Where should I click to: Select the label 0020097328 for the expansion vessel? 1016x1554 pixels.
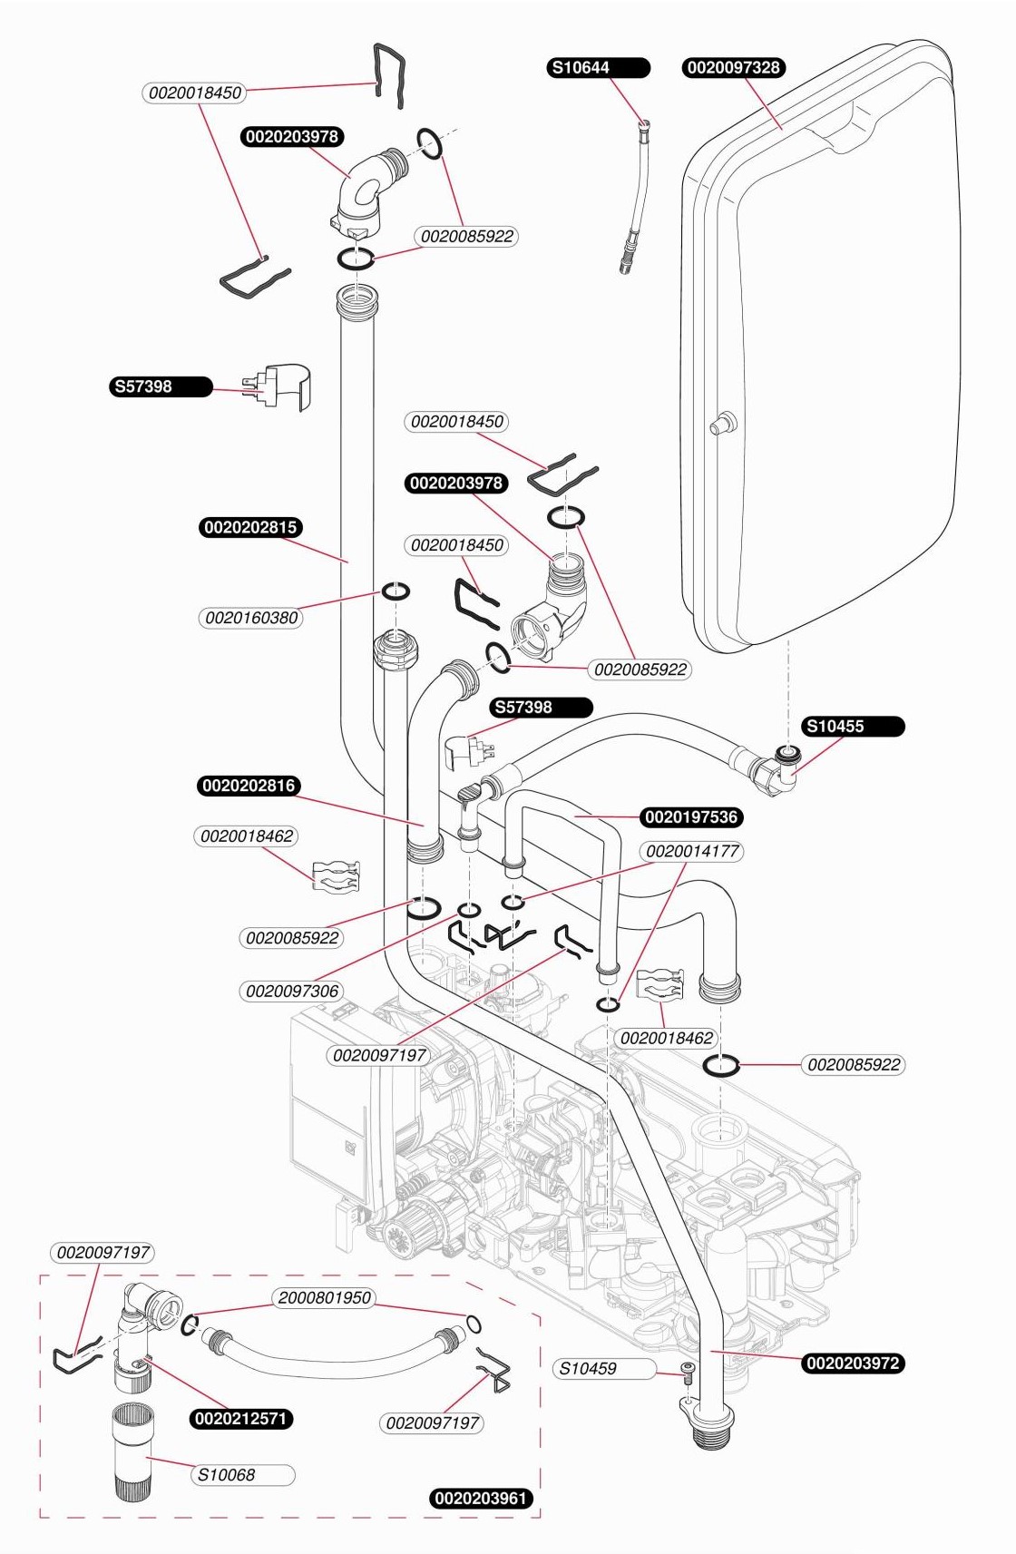pos(733,68)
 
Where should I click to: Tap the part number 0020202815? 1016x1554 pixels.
pos(250,528)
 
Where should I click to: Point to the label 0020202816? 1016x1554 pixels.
pos(249,786)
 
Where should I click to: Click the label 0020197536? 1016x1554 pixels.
pos(691,817)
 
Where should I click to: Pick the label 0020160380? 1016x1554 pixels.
pos(251,618)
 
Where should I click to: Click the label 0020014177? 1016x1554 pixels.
pos(692,852)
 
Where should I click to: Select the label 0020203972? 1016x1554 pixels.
pos(853,1363)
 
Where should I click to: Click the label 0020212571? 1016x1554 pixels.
pos(241,1419)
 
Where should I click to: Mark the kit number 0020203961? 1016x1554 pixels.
pos(481,1498)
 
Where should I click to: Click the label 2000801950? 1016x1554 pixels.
pos(324,1298)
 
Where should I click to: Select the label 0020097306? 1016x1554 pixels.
pos(292,991)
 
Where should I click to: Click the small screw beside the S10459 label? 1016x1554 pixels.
pos(689,1372)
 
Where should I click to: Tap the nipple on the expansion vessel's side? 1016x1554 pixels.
pos(723,424)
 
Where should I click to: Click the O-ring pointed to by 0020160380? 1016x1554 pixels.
pos(396,592)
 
